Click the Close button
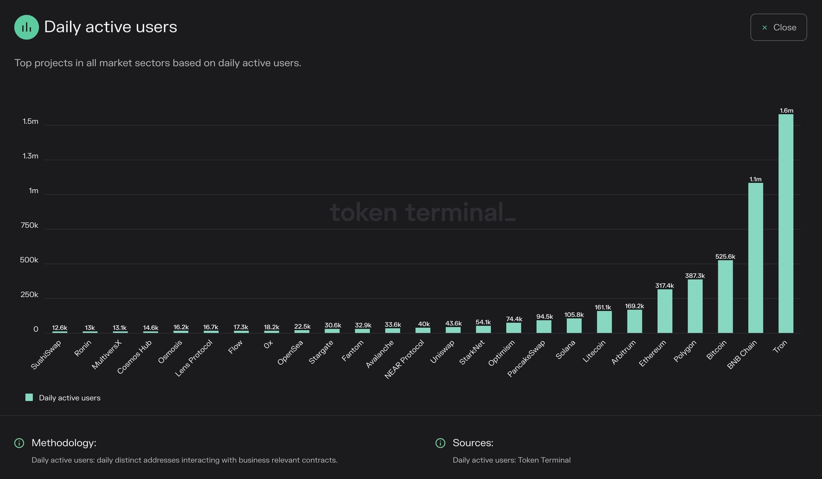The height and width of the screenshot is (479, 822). pos(778,27)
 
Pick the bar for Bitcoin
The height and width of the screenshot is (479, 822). pos(725,297)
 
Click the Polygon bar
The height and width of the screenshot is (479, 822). pos(695,306)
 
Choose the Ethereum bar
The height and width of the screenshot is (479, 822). pos(665,311)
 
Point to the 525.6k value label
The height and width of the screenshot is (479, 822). pos(725,257)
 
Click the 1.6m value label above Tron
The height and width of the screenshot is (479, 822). pos(786,111)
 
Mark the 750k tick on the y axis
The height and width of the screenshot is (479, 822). pos(29,226)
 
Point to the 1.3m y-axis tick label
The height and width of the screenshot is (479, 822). pos(31,156)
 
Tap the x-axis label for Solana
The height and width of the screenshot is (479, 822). pos(566,350)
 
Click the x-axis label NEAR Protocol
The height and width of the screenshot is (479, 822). pos(405,359)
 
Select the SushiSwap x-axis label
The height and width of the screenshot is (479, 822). pos(46,355)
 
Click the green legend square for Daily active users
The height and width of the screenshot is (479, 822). pos(29,397)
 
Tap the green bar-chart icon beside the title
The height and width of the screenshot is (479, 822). pos(26,27)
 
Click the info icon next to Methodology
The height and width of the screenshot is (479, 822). pos(19,443)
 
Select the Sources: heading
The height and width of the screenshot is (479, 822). pos(473,443)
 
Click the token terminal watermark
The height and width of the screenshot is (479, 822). pos(423,212)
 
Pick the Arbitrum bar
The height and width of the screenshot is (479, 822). pos(634,321)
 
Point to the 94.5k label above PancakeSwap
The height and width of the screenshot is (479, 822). pos(544,316)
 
